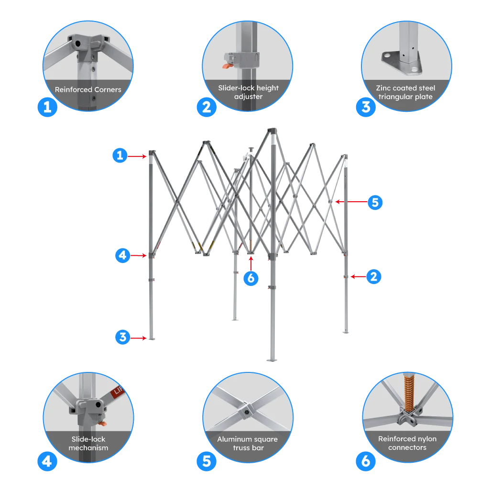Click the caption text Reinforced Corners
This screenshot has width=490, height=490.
pyautogui.click(x=88, y=89)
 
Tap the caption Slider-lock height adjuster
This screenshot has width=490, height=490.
pyautogui.click(x=248, y=92)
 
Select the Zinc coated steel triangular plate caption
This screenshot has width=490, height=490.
pyautogui.click(x=405, y=92)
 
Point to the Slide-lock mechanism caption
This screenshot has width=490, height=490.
pyautogui.click(x=88, y=443)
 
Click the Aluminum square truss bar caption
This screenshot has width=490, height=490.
pyautogui.click(x=247, y=443)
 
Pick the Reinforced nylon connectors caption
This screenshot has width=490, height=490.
pyautogui.click(x=407, y=443)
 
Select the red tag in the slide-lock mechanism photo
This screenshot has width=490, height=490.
pyautogui.click(x=117, y=393)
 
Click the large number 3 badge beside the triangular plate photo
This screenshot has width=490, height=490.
pyautogui.click(x=366, y=107)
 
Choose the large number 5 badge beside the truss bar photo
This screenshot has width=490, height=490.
pyautogui.click(x=207, y=461)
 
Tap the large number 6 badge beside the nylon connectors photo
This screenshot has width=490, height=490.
pyautogui.click(x=366, y=461)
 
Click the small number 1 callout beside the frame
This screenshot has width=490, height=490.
pyautogui.click(x=120, y=155)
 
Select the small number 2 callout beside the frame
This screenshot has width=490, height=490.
pyautogui.click(x=374, y=276)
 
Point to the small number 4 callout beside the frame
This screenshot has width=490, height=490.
pyautogui.click(x=122, y=255)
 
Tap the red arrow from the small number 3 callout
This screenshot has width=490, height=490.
pyautogui.click(x=139, y=338)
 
